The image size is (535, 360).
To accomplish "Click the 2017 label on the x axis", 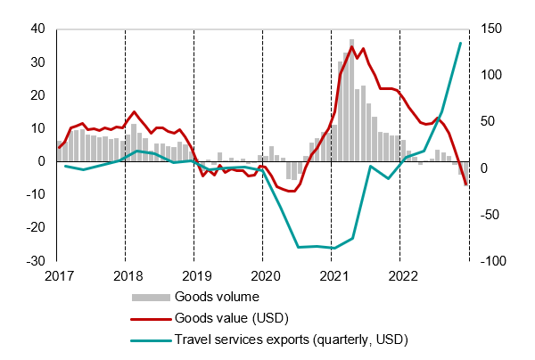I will [57, 276].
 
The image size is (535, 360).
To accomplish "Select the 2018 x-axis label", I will [127, 276].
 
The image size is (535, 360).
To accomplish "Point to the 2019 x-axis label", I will [195, 276].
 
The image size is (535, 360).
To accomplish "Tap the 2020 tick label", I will [264, 276].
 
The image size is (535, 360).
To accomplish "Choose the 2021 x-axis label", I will [333, 276].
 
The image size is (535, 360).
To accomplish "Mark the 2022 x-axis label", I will [401, 276].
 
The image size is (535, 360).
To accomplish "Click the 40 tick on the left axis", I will [37, 29].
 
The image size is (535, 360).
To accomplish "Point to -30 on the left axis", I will [35, 261].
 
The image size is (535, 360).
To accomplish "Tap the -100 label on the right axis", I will [492, 261].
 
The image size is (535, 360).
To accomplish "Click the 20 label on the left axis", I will [37, 95].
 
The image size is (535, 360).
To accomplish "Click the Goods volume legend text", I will [218, 297].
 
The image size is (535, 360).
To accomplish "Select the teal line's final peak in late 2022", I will [460, 43].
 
